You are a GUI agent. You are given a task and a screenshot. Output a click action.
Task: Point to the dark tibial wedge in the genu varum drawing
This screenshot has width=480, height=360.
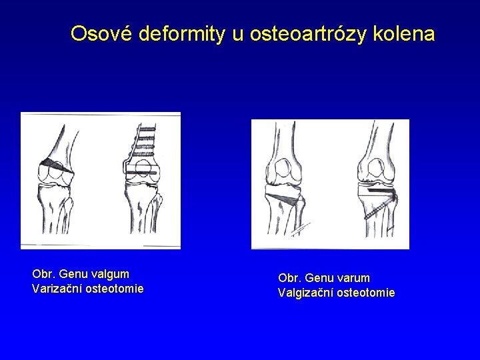pyautogui.click(x=282, y=197)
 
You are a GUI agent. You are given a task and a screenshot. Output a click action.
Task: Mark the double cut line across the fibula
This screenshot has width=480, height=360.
pyautogui.click(x=301, y=227)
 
